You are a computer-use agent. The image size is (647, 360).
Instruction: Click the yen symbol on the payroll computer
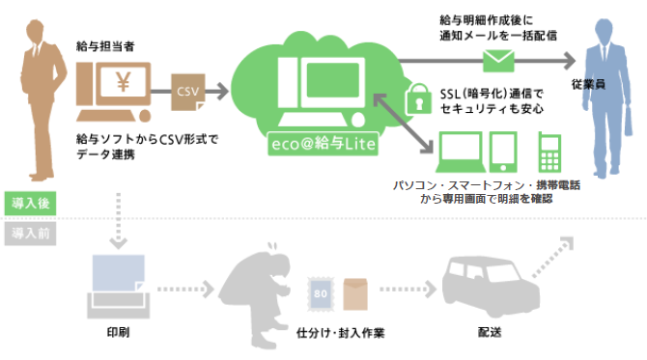click(122, 83)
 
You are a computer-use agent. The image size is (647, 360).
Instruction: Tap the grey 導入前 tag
click(28, 233)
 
